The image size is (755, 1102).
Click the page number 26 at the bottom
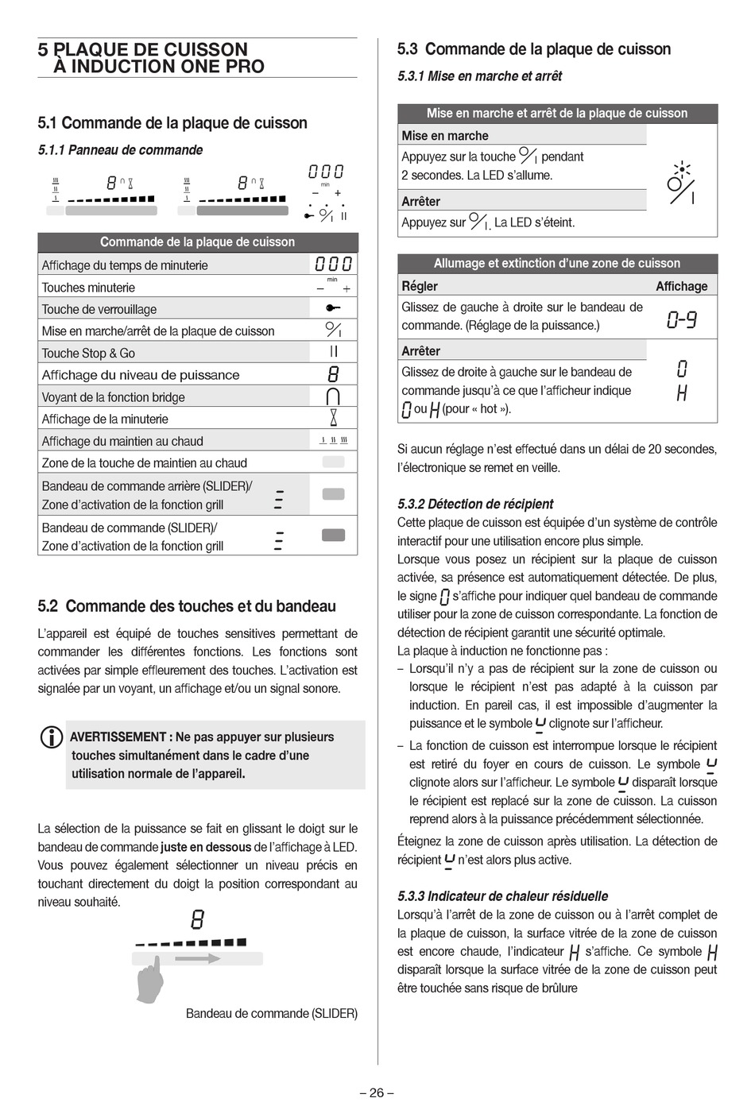[x=377, y=1092]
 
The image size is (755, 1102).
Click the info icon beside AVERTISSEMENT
[x=51, y=737]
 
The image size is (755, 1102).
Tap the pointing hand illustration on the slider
[x=150, y=979]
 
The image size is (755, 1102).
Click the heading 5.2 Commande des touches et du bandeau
[x=187, y=606]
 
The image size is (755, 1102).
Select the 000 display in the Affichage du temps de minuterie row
[x=333, y=265]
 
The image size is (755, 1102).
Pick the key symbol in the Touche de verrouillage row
[x=333, y=308]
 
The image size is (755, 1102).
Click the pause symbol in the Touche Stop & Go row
[x=334, y=352]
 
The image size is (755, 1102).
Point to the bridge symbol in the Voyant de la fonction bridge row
[x=334, y=396]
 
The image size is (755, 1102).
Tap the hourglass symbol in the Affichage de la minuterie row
[x=334, y=418]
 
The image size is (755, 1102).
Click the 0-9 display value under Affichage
[x=681, y=320]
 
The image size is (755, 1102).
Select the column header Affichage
[x=681, y=286]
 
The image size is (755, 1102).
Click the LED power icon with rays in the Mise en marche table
[x=682, y=183]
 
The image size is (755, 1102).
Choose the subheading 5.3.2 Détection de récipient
[x=475, y=504]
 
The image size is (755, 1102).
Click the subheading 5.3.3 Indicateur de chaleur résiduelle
[x=502, y=896]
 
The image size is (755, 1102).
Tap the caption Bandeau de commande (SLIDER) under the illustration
[x=271, y=1013]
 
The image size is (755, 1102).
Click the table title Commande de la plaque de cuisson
[x=197, y=242]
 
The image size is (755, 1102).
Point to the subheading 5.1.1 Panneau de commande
[x=120, y=150]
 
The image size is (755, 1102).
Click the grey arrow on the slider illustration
[x=197, y=959]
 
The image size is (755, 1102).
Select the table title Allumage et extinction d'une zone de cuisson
[x=556, y=263]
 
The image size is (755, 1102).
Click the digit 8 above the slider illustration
[x=198, y=920]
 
